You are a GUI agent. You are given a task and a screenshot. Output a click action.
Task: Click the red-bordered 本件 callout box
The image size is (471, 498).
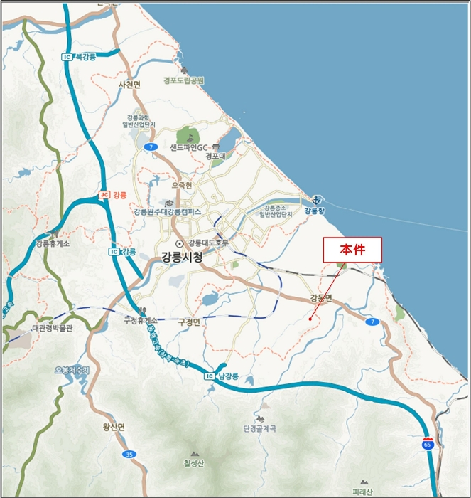pyautogui.click(x=352, y=250)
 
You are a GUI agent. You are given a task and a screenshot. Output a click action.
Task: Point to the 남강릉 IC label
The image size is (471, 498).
pyautogui.click(x=226, y=375)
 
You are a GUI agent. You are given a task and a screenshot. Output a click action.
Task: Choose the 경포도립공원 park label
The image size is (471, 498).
pyautogui.click(x=183, y=80)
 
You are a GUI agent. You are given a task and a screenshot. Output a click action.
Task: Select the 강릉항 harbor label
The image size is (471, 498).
pyautogui.click(x=314, y=211)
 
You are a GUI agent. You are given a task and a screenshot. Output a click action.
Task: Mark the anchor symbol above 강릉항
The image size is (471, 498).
pyautogui.click(x=317, y=200)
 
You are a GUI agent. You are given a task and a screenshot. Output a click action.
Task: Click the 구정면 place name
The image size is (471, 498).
pyautogui.click(x=190, y=321)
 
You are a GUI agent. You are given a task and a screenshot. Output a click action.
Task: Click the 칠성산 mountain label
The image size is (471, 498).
pyautogui.click(x=194, y=464)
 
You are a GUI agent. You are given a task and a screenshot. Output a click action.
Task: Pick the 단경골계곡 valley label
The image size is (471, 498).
pyautogui.click(x=259, y=428)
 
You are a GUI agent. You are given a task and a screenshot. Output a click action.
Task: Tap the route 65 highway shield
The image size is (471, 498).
pyautogui.click(x=427, y=443)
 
